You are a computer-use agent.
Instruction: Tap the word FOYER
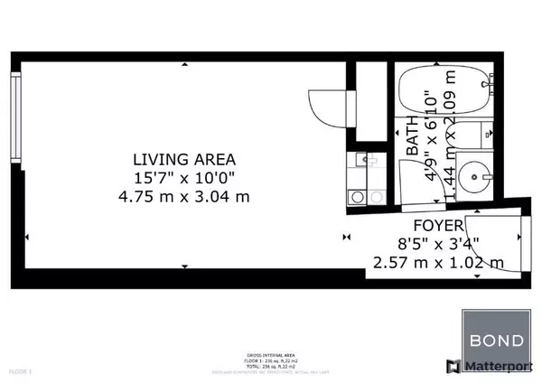439,225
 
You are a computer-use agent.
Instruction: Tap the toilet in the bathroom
489,135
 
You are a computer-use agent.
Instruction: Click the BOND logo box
494,341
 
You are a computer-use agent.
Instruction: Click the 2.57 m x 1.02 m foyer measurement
438,262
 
